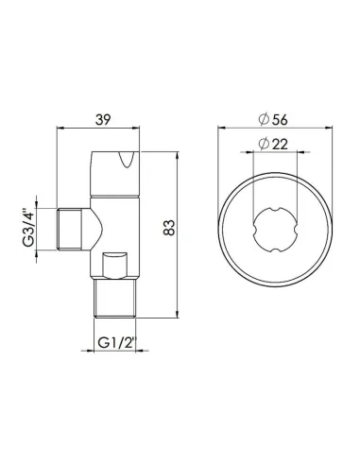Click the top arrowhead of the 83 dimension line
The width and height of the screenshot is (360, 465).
point(180,152)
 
